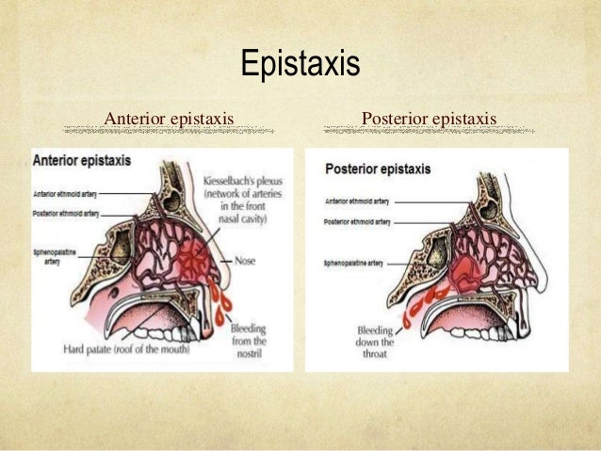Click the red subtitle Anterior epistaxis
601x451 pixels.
click(x=170, y=119)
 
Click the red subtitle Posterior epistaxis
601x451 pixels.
click(x=429, y=119)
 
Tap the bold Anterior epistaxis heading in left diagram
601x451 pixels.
click(x=82, y=161)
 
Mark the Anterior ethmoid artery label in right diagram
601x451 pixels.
click(x=358, y=201)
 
